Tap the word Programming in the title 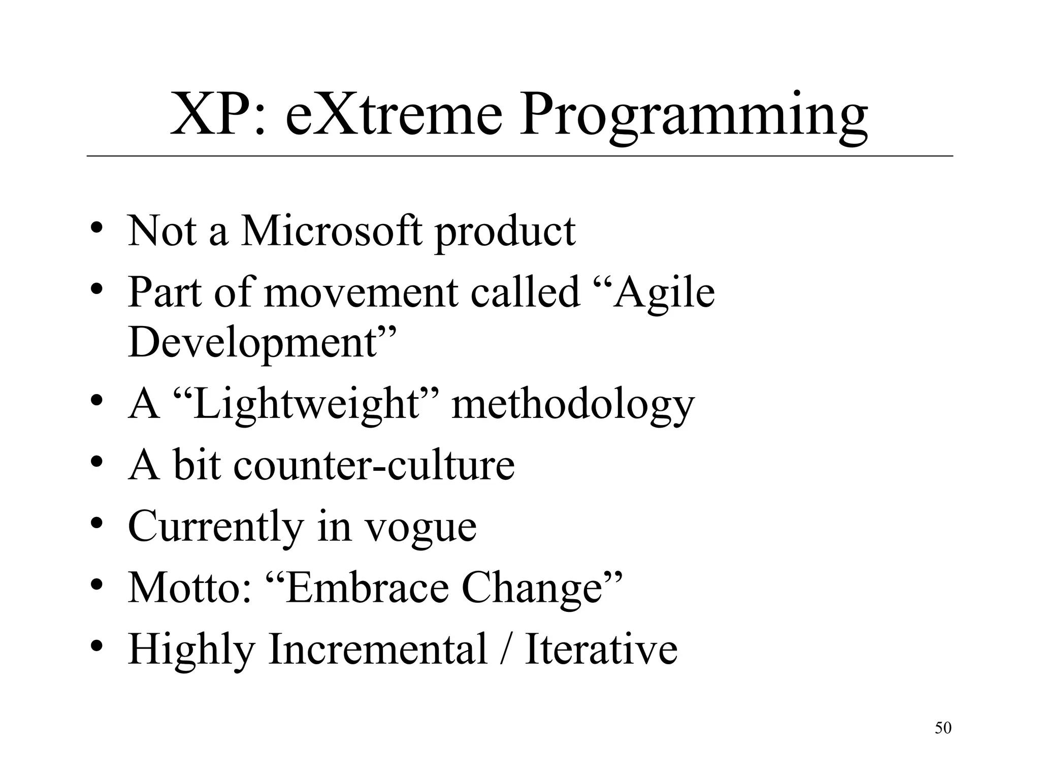pos(693,118)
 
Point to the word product pos(505,234)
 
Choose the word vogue pos(421,528)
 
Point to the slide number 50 pos(943,728)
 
